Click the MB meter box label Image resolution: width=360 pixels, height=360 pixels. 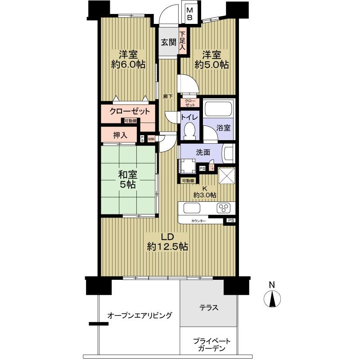point(190,14)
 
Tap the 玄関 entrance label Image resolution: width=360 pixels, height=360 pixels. point(169,43)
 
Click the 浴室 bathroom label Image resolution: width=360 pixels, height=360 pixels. point(224,128)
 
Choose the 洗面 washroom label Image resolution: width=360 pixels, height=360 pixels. point(202,152)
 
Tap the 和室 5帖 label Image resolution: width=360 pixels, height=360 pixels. point(128,179)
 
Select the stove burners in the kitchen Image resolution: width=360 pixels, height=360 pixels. point(223,208)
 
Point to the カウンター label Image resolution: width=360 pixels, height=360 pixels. point(198,221)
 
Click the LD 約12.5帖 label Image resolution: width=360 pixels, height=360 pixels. point(167,242)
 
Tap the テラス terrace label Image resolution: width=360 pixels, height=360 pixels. point(209,308)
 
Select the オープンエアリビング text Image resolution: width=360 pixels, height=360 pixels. point(139,315)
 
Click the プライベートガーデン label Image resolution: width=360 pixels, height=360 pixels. point(208,345)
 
